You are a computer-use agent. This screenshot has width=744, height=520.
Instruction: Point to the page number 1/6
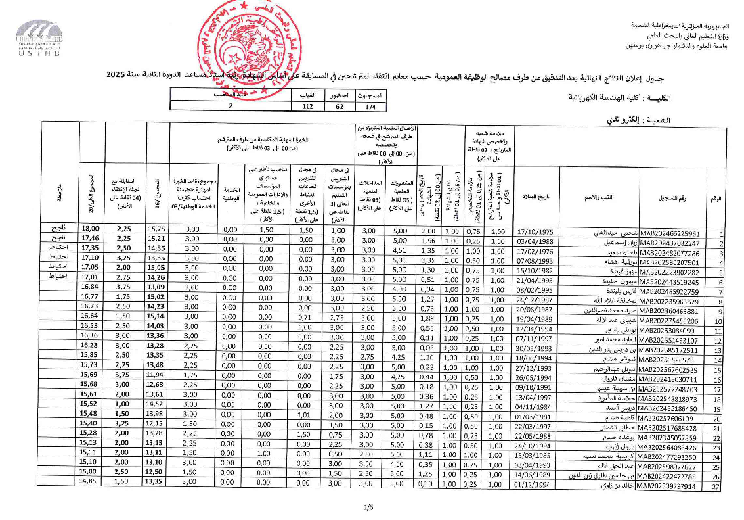368,506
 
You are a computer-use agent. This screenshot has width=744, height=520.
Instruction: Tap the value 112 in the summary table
308,106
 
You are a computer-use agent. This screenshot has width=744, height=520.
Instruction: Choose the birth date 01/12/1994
535,486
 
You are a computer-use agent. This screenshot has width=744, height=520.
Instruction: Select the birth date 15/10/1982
535,272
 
